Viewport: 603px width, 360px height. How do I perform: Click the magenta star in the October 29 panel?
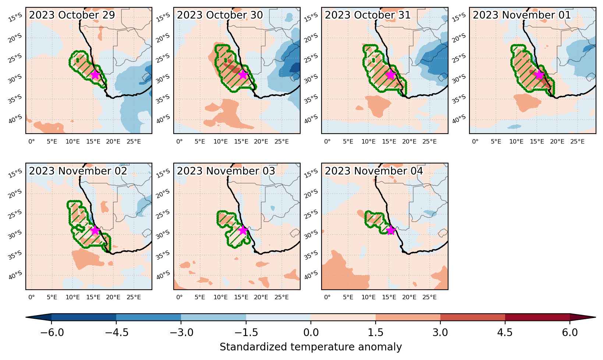pos(95,75)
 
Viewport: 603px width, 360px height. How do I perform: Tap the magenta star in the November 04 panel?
pos(391,230)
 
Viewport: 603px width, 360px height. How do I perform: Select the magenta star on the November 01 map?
pos(539,75)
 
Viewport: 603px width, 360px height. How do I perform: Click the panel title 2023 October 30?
pos(220,15)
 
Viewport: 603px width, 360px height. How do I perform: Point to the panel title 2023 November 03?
pos(226,171)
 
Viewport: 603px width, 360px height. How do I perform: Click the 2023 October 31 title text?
pos(368,15)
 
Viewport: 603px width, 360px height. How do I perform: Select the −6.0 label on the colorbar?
pos(52,333)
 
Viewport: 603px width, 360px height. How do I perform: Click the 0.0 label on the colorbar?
pos(311,333)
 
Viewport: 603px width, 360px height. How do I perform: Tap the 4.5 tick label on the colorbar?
pos(505,333)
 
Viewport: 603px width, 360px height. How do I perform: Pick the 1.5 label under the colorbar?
pos(376,333)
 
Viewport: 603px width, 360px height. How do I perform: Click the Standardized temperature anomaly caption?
pos(311,347)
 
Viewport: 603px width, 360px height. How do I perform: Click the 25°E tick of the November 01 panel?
pos(577,141)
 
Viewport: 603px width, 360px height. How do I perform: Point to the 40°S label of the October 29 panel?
pos(15,119)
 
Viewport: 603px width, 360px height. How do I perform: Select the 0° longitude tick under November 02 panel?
pos(32,297)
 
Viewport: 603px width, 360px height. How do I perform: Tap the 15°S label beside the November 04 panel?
pos(311,173)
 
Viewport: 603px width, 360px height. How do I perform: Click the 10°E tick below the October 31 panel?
pos(369,141)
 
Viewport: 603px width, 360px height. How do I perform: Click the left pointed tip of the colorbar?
pos(26,317)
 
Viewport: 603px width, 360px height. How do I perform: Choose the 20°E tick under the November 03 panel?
pos(261,297)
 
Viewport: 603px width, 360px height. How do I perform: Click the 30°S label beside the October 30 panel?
pos(163,79)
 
